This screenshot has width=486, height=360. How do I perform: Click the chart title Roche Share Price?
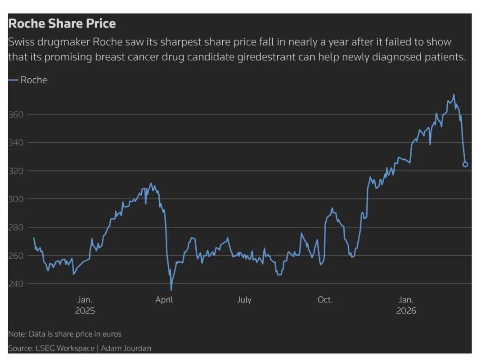point(62,23)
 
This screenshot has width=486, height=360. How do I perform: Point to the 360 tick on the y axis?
point(16,114)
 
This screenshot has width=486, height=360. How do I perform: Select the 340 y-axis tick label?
point(16,143)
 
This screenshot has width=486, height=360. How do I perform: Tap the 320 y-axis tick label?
point(16,171)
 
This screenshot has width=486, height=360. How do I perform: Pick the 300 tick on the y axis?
point(16,199)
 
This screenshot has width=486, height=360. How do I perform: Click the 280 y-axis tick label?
point(16,227)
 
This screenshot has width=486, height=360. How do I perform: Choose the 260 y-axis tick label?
point(16,256)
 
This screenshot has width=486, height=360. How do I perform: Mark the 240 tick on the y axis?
point(16,284)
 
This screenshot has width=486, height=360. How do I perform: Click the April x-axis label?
point(164,300)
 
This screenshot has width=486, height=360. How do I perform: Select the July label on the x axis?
point(244,300)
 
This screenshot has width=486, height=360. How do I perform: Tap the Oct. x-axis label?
point(325,300)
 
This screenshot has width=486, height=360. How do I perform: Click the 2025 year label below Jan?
point(85,311)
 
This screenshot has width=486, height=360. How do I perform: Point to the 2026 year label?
point(406,311)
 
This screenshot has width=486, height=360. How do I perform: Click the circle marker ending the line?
point(465,164)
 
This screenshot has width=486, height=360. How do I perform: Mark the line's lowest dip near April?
point(171,290)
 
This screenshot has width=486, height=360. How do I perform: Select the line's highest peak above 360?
point(454,94)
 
